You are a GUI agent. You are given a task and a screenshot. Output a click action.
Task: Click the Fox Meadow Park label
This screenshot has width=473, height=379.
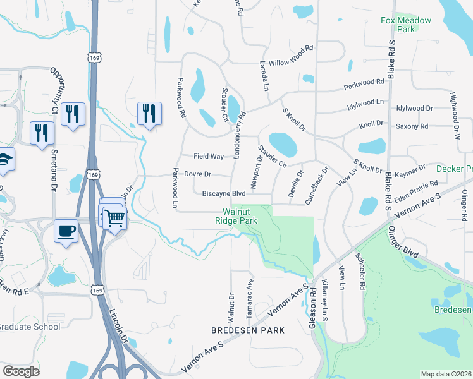[405, 25]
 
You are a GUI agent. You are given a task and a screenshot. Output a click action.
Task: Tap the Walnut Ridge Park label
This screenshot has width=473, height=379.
[240, 217]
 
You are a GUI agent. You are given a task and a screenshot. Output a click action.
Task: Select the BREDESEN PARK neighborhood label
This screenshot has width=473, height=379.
[248, 330]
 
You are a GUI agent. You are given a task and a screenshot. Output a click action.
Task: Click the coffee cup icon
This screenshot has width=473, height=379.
[66, 231]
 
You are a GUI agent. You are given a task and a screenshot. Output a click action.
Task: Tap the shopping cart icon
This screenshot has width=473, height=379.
[114, 218]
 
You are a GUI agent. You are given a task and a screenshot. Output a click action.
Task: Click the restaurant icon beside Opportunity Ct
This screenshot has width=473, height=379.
[73, 114]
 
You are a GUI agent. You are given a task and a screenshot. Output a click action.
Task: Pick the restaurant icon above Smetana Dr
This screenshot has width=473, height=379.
[42, 133]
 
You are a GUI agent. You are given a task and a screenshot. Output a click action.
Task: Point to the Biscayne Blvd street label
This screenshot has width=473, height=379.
[223, 194]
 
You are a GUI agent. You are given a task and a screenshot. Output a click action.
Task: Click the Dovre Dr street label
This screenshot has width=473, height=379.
[197, 174]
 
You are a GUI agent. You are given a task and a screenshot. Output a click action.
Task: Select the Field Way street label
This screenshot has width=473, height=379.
[209, 156]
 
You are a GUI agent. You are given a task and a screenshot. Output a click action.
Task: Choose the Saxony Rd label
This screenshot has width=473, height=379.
[412, 126]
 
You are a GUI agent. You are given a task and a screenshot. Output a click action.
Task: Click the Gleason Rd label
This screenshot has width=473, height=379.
[312, 308]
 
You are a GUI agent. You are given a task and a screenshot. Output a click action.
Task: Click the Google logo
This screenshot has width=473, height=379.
[21, 371]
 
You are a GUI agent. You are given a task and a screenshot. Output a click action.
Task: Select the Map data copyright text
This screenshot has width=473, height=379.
[446, 374]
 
